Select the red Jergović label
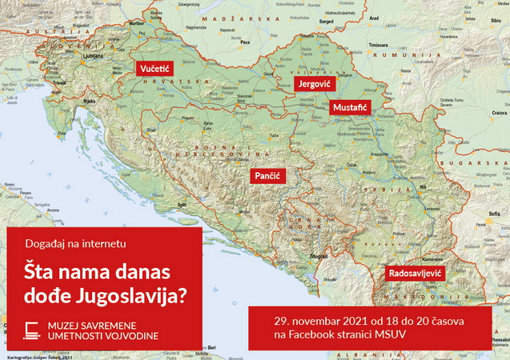point(313,84)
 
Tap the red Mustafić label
point(351,106)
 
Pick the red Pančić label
point(265,175)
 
